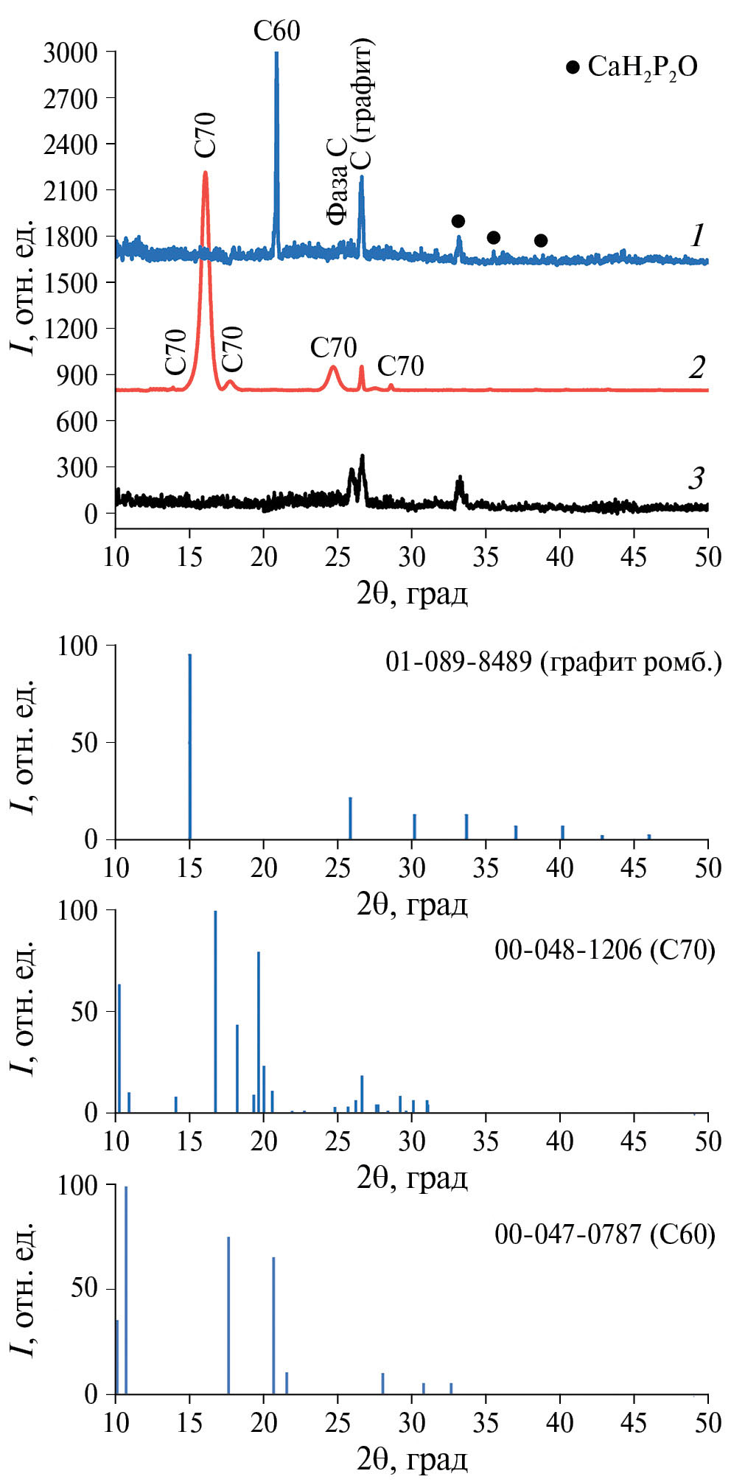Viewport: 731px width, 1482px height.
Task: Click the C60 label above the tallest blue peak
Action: coord(276,31)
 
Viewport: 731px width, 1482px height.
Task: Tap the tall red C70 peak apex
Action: coord(205,172)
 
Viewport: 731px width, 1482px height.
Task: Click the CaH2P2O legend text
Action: coord(642,68)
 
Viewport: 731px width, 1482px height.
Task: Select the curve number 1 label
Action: coord(696,236)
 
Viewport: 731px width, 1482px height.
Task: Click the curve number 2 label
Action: coord(696,368)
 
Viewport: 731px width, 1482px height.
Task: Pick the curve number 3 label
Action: coord(696,479)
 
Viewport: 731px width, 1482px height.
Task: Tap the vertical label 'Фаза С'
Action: coord(337,181)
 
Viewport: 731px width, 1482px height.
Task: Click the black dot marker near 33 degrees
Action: coord(458,221)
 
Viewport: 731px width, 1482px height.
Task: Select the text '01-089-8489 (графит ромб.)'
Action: coord(553,662)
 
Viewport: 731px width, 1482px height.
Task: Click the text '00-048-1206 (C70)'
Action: coord(604,950)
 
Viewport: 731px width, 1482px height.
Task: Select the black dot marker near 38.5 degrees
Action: coord(541,240)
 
